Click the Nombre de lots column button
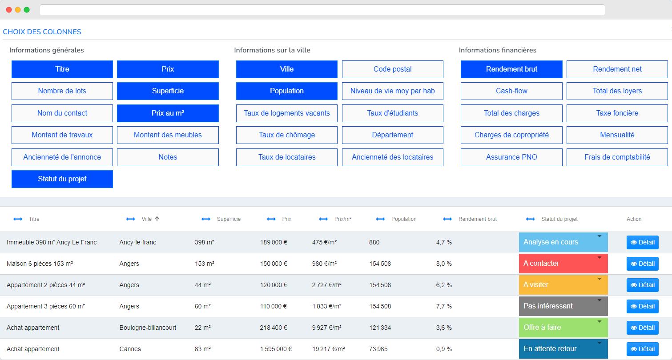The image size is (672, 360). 62,91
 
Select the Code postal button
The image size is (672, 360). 392,69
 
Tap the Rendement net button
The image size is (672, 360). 617,69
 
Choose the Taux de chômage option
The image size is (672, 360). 287,135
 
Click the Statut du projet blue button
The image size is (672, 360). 62,179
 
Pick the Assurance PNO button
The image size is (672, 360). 511,157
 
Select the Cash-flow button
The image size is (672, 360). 511,91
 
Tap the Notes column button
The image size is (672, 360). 168,157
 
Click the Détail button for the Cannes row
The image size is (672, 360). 642,349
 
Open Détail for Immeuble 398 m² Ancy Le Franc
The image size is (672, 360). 642,242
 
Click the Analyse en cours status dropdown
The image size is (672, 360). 563,242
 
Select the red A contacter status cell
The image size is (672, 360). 563,264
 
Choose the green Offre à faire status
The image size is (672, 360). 563,328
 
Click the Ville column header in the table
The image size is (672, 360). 146,219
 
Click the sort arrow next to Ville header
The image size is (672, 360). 157,219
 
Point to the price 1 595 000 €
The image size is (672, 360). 276,349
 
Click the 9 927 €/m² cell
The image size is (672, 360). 327,328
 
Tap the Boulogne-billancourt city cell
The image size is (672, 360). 148,328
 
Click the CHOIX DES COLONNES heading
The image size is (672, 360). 42,32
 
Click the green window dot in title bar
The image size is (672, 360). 27,10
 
